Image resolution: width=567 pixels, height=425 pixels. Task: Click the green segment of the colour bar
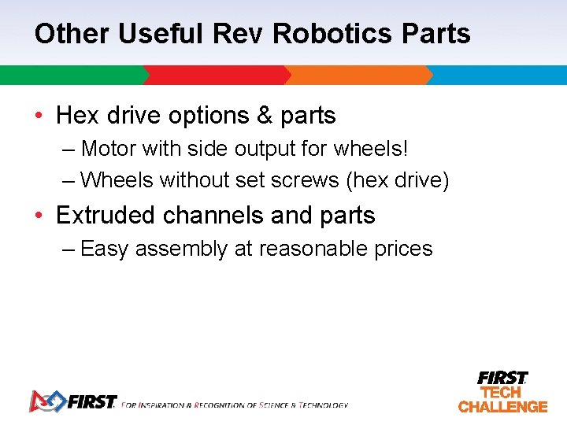(71, 76)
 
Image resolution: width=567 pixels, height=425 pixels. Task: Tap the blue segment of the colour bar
(496, 76)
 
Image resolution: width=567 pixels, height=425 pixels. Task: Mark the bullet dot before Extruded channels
(39, 216)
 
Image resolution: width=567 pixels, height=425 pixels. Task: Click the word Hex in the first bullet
(76, 116)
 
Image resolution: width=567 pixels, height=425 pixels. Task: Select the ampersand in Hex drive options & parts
(265, 116)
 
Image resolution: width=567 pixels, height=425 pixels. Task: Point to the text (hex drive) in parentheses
(398, 181)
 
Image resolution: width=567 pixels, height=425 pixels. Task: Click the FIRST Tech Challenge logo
(502, 392)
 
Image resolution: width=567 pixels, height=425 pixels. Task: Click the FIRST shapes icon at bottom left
(47, 401)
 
